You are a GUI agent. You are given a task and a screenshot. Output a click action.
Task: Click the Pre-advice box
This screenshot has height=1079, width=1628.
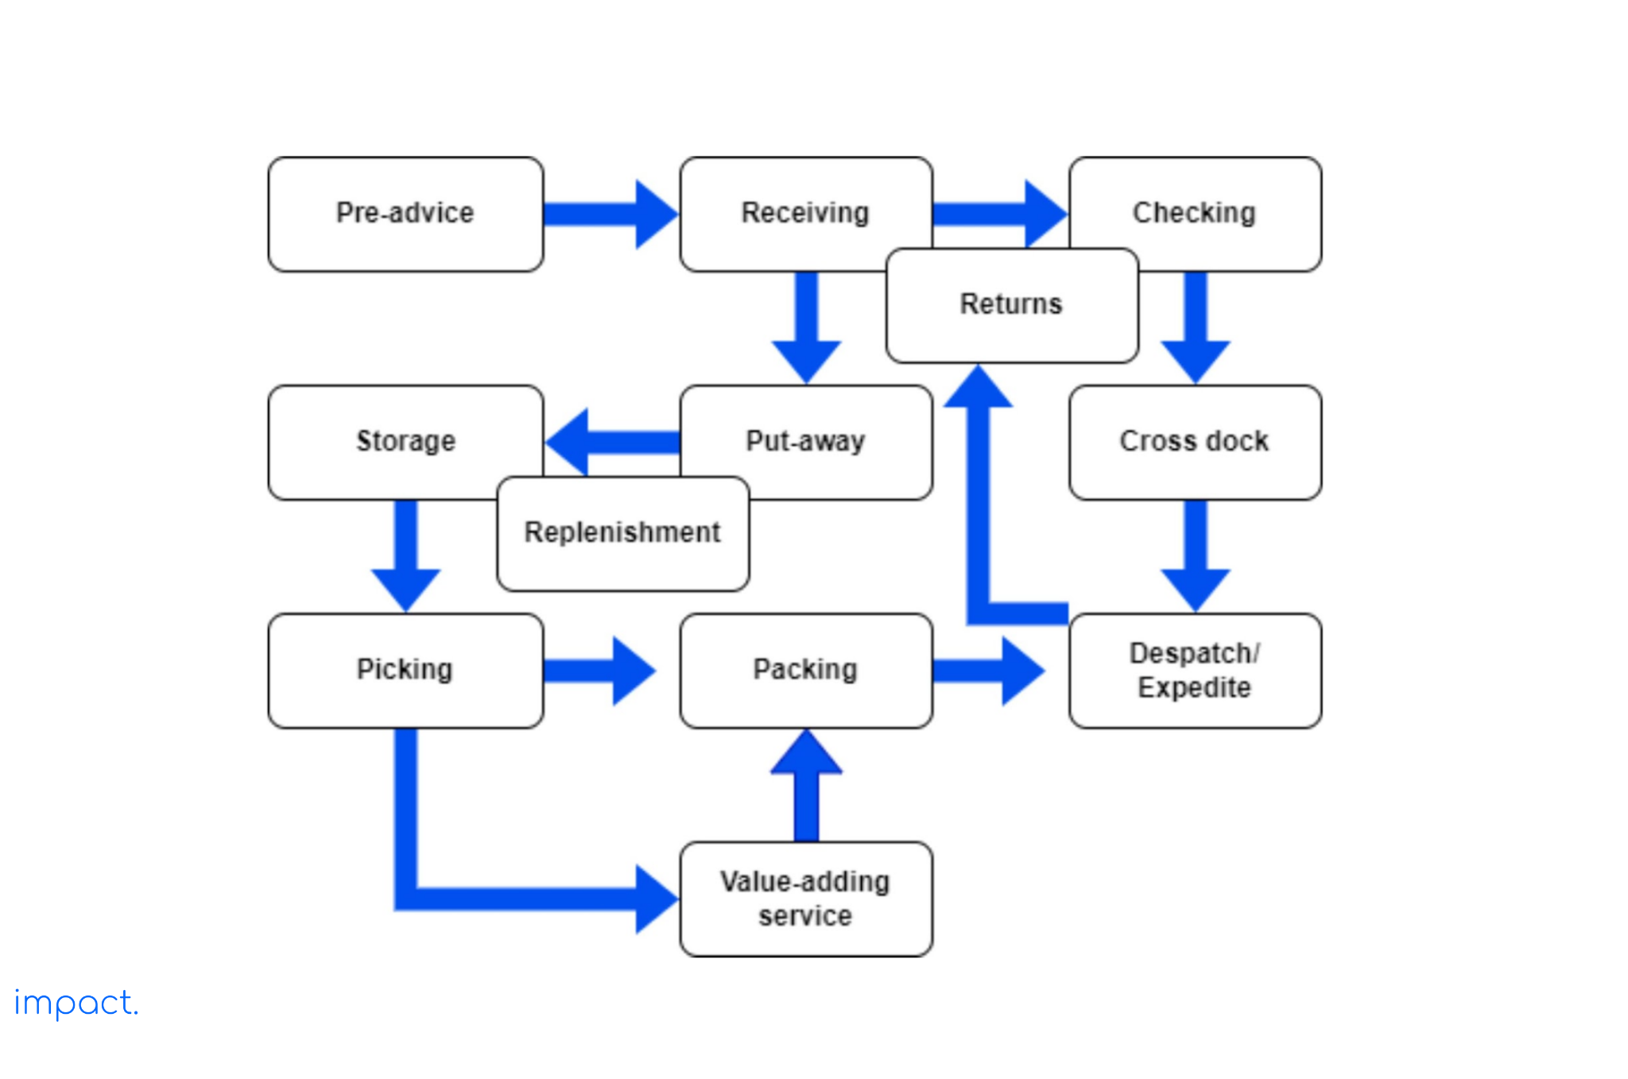coord(405,214)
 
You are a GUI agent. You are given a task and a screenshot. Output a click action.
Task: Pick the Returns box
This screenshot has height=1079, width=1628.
coord(1011,305)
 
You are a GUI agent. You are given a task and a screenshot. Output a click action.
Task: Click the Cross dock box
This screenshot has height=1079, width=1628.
coord(1195,442)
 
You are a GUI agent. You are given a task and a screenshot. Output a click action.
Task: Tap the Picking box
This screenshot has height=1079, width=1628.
coord(405,670)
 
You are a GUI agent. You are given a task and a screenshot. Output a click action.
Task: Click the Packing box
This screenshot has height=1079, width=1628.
coord(806,670)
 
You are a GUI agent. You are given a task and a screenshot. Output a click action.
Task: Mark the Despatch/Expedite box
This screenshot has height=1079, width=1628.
coord(1195,670)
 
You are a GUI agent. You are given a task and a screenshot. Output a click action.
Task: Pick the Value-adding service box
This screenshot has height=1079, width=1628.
coord(806,899)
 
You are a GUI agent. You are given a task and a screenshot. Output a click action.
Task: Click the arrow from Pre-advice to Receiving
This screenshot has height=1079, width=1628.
coord(608,214)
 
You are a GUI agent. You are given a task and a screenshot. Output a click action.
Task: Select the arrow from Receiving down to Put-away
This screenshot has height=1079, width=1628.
coord(806,326)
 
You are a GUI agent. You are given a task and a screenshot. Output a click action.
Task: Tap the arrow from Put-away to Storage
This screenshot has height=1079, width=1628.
coord(612,442)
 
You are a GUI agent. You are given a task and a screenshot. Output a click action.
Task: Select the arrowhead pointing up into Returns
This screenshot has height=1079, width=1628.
coord(978,389)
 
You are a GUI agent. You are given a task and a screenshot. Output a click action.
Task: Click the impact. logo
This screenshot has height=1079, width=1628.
coord(76,1003)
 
